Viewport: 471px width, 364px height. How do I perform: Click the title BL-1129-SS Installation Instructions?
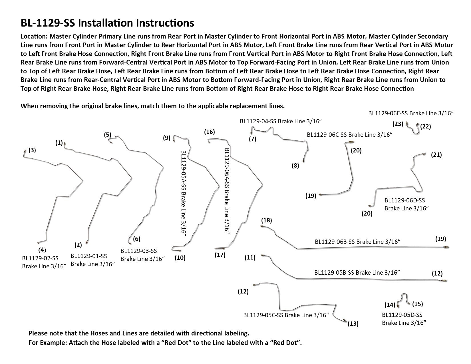(x=107, y=23)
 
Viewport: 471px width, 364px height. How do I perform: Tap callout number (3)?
(x=32, y=150)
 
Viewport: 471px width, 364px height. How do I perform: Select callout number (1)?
(x=59, y=143)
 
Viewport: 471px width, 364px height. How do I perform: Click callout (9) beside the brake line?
(x=167, y=138)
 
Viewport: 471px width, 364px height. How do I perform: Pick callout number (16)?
(x=209, y=132)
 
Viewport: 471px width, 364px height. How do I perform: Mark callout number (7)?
(x=252, y=139)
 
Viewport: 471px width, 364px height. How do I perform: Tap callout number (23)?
(x=398, y=124)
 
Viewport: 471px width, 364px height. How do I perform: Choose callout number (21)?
(x=436, y=155)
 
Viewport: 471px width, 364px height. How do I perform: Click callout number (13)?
(x=353, y=323)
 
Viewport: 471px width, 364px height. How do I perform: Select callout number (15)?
(x=418, y=304)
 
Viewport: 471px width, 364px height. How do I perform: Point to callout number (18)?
(x=266, y=220)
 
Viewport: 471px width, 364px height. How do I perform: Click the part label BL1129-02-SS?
(x=40, y=258)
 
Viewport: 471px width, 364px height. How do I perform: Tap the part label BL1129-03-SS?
(x=139, y=251)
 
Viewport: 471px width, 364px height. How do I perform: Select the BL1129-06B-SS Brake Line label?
(x=358, y=242)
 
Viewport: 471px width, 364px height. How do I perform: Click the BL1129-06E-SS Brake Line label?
(x=411, y=113)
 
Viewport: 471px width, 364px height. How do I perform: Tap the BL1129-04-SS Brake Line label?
(x=281, y=121)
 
